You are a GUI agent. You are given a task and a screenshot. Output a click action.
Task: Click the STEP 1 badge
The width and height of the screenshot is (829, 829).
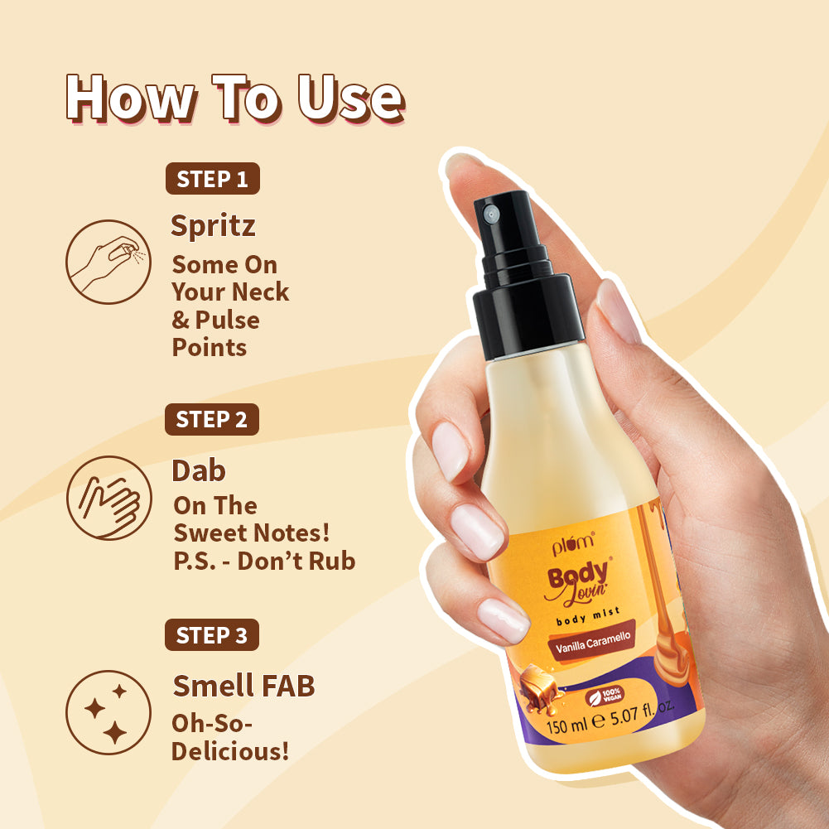click(213, 179)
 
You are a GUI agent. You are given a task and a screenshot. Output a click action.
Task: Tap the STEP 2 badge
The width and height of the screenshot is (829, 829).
click(212, 420)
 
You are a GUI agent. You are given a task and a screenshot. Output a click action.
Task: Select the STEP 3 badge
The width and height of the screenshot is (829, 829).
click(212, 635)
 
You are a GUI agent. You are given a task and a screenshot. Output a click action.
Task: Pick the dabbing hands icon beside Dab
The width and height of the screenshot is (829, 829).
click(108, 499)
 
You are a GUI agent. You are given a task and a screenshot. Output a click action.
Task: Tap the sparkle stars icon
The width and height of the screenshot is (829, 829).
click(108, 711)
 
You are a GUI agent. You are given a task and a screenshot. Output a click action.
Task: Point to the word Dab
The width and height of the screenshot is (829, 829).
click(199, 470)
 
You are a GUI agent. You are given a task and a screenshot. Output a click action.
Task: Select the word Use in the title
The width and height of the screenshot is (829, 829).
click(350, 99)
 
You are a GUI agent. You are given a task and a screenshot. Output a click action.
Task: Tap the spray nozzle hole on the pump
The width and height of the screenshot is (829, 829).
click(490, 214)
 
